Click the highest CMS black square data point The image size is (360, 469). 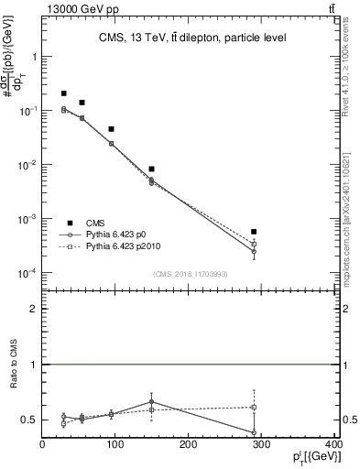[x=64, y=93]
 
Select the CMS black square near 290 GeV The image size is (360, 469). [x=254, y=232]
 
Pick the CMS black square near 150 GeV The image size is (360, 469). [x=151, y=169]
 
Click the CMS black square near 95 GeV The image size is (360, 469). [x=111, y=129]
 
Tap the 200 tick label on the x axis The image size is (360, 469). [x=188, y=446]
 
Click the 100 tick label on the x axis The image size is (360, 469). [x=115, y=446]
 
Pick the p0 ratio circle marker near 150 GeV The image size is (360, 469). [x=151, y=401]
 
